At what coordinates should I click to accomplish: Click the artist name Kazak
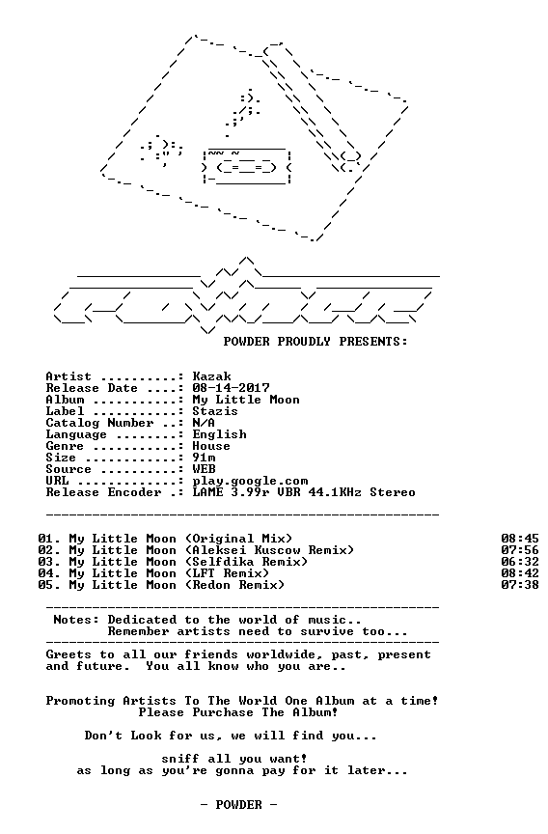click(x=211, y=376)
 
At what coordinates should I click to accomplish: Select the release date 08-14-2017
click(x=231, y=388)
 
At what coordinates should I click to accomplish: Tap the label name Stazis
click(x=215, y=411)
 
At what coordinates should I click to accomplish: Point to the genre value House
click(x=211, y=446)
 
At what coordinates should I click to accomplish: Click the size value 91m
click(x=205, y=458)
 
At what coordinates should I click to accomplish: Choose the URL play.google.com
click(x=250, y=482)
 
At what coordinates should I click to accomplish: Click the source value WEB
click(x=205, y=469)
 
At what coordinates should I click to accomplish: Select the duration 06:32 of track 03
click(x=520, y=562)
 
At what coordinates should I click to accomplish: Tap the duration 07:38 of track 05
click(x=520, y=585)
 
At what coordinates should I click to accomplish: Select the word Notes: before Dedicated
click(x=76, y=620)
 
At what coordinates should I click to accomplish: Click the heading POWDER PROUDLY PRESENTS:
click(x=315, y=342)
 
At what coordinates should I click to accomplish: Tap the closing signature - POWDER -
click(x=238, y=805)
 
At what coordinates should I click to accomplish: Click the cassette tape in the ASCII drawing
click(x=247, y=168)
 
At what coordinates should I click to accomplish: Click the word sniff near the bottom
click(x=180, y=759)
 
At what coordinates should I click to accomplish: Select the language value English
click(x=220, y=434)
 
